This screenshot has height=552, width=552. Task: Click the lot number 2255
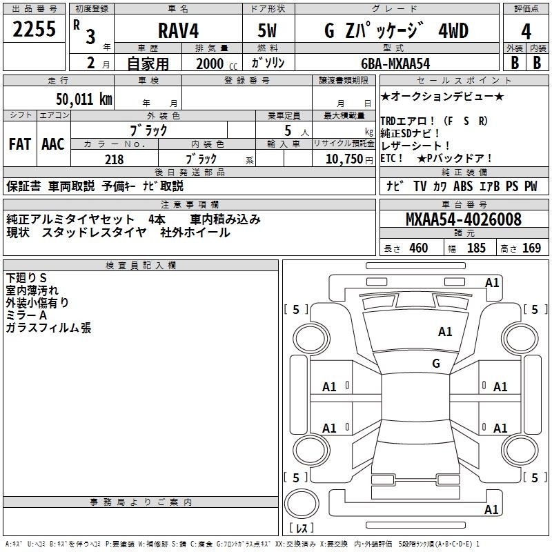pyautogui.click(x=34, y=29)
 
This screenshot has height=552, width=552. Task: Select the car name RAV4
pyautogui.click(x=178, y=30)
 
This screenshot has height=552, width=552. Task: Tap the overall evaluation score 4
pyautogui.click(x=526, y=32)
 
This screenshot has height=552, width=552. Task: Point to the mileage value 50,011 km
pyautogui.click(x=84, y=99)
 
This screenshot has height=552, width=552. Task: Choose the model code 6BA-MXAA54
pyautogui.click(x=395, y=63)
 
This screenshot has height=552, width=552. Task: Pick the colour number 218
pyautogui.click(x=114, y=159)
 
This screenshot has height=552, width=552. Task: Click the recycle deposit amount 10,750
pyautogui.click(x=344, y=159)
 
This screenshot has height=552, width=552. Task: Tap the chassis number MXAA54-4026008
pyautogui.click(x=464, y=219)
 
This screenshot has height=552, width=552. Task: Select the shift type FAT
pyautogui.click(x=20, y=144)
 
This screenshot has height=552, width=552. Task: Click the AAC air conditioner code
pyautogui.click(x=53, y=144)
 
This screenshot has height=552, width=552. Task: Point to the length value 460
pyautogui.click(x=419, y=248)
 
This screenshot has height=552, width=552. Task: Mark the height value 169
pyautogui.click(x=531, y=248)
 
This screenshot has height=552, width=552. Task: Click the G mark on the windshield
pyautogui.click(x=436, y=364)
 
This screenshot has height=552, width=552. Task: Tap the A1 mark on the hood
pyautogui.click(x=445, y=332)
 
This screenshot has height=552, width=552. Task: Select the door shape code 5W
pyautogui.click(x=267, y=30)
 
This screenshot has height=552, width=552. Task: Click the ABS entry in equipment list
pyautogui.click(x=463, y=186)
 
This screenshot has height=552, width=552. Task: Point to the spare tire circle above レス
pyautogui.click(x=302, y=504)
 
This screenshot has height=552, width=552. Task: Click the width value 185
pyautogui.click(x=476, y=248)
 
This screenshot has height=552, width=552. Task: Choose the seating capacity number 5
pyautogui.click(x=288, y=130)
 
